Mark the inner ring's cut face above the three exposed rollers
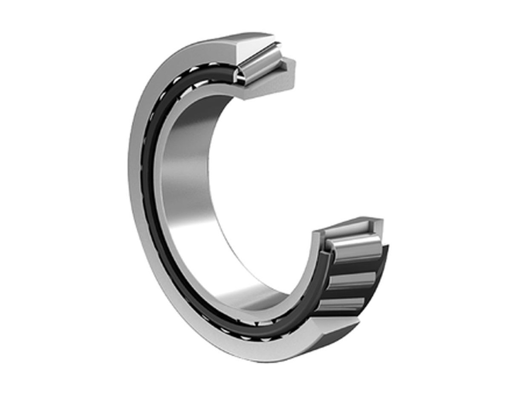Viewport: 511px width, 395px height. click(x=349, y=227)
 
